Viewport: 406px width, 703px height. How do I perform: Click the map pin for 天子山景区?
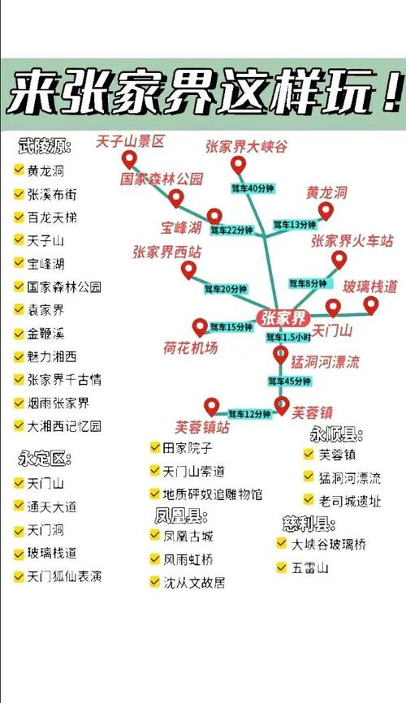point(127,159)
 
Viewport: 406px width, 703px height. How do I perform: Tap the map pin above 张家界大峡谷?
point(238,166)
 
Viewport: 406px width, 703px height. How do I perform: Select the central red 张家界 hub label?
point(283,317)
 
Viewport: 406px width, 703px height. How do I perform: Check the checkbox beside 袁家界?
point(19,310)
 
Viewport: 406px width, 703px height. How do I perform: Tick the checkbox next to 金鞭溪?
point(19,334)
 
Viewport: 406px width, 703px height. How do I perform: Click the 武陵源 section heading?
point(45,146)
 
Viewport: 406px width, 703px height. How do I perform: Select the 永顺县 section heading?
point(335,434)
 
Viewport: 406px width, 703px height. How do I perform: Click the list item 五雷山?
point(309,568)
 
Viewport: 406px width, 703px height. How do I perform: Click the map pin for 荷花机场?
point(200,327)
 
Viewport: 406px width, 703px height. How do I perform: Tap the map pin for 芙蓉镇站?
point(211,406)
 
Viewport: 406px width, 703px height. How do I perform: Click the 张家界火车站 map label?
point(352,241)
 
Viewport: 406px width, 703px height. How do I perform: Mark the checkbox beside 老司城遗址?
point(309,501)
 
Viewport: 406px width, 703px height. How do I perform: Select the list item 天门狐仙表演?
point(64,577)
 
